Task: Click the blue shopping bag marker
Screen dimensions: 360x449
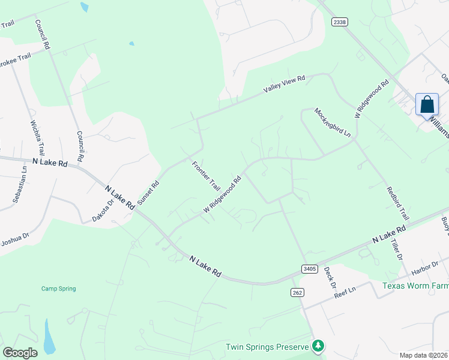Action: [x=427, y=104]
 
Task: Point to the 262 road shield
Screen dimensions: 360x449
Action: [x=299, y=292]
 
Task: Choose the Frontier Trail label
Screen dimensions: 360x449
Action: [x=206, y=176]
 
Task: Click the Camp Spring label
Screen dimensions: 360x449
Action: [x=58, y=289]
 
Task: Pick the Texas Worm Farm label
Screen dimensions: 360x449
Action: [x=415, y=286]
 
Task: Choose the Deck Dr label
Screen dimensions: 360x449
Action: [x=329, y=277]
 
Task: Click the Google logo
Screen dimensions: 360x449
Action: [x=20, y=353]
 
